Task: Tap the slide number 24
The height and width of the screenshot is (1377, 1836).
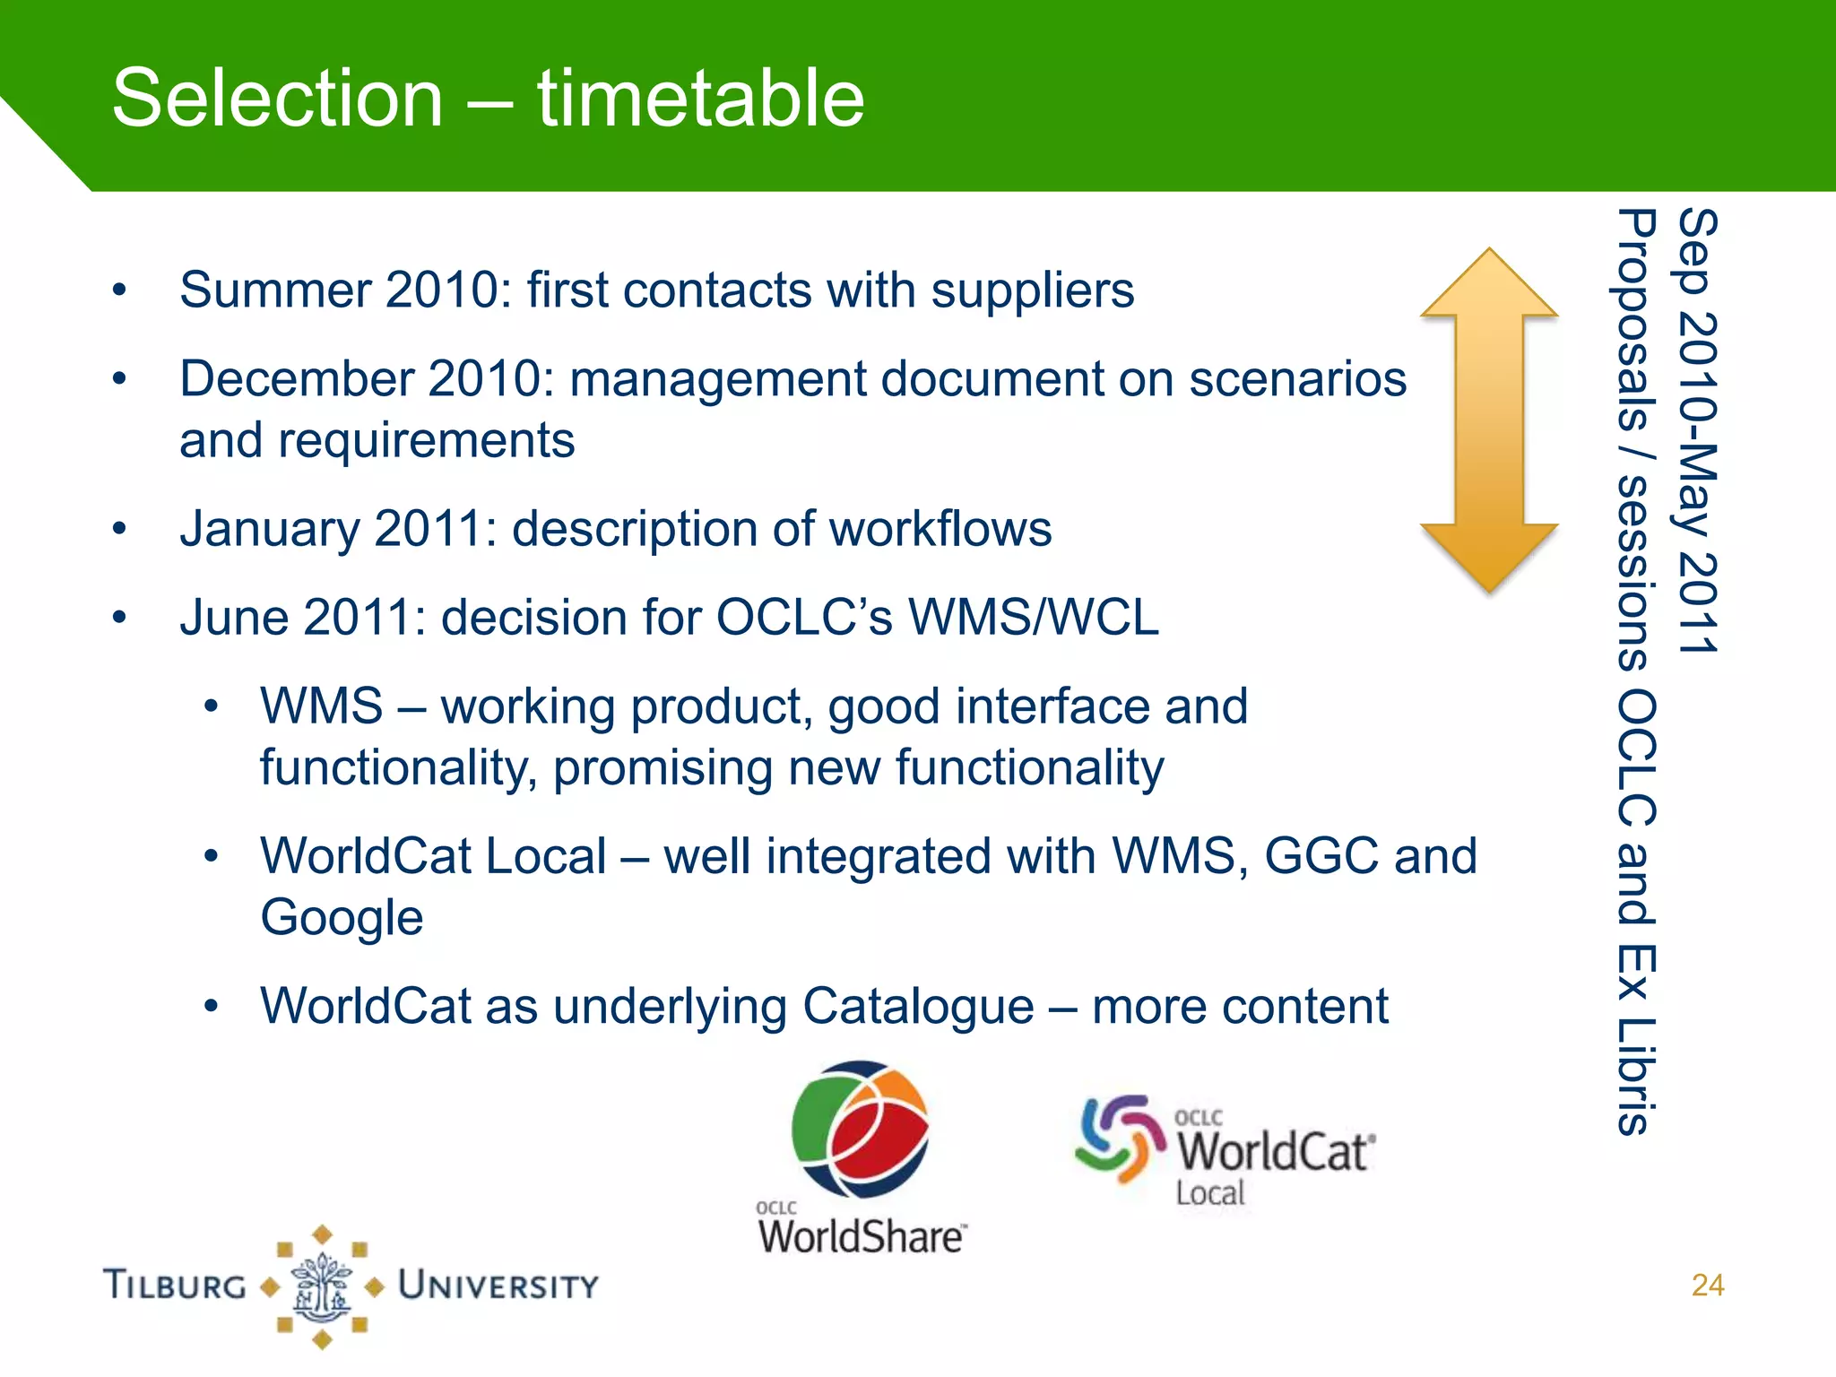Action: click(1707, 1285)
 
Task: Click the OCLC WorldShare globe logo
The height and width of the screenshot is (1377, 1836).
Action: click(861, 1130)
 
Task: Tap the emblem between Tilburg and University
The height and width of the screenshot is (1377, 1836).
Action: click(322, 1286)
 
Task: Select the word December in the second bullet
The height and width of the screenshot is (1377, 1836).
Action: click(296, 379)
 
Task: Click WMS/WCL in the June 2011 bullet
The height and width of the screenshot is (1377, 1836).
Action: click(1033, 618)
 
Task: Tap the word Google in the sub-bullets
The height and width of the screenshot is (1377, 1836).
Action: click(342, 918)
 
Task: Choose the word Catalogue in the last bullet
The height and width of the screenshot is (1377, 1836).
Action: click(918, 1006)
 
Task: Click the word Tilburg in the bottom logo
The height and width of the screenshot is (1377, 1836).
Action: click(175, 1286)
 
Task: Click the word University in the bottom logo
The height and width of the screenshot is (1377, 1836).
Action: click(498, 1286)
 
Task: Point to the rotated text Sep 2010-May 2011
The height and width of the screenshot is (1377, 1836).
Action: click(1697, 430)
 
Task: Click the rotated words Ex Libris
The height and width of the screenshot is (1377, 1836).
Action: click(1636, 1040)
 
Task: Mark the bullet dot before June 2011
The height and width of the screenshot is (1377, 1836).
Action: click(119, 618)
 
